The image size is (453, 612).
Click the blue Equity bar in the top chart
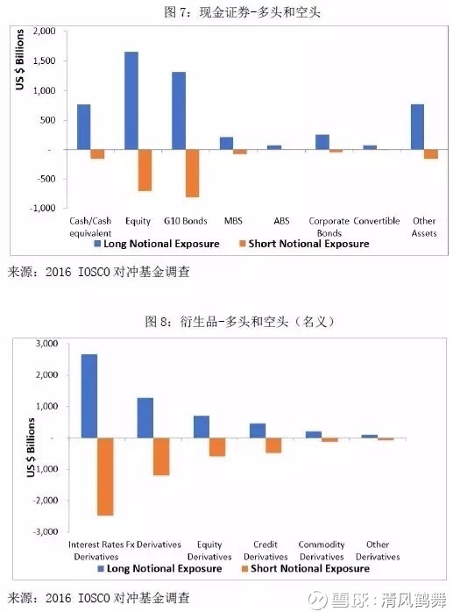coord(131,101)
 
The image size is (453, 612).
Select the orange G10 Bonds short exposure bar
coord(193,174)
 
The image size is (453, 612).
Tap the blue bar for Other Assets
coord(417,127)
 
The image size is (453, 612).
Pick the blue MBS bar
coord(226,143)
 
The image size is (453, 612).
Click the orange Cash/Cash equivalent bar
coord(97,154)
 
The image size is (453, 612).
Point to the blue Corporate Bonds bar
coord(322,142)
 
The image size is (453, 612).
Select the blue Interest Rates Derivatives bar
coord(89,396)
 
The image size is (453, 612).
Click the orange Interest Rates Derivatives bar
coord(105,477)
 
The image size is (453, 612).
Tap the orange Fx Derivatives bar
coord(161,457)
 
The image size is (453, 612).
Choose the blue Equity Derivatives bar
coord(202,427)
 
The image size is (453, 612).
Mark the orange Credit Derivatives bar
coord(273,445)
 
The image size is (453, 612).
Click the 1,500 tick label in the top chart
coord(45,60)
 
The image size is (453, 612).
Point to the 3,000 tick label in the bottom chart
coord(46,344)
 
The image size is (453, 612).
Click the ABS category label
coord(281,221)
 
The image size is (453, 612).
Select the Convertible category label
coord(377,221)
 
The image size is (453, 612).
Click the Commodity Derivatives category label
coord(322,551)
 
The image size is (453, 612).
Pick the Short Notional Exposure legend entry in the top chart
coord(304,244)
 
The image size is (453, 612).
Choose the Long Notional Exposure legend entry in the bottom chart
coord(159,568)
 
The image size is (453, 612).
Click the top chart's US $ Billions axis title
coord(20,60)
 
